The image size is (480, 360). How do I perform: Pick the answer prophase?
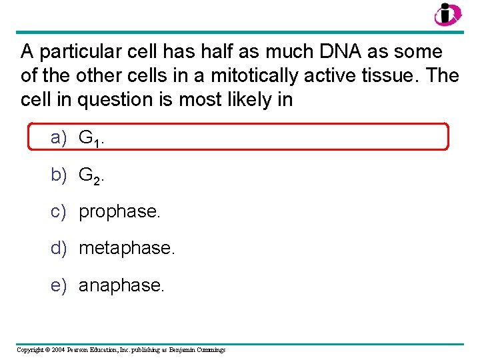pyautogui.click(x=120, y=212)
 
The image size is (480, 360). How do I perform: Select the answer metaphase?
pyautogui.click(x=127, y=249)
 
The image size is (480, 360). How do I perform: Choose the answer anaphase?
pyautogui.click(x=121, y=285)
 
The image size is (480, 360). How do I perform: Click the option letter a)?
pyautogui.click(x=59, y=138)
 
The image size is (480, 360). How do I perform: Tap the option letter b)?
pyautogui.click(x=59, y=175)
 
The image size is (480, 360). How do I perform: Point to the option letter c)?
pyautogui.click(x=59, y=211)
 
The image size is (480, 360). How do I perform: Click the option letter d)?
pyautogui.click(x=59, y=248)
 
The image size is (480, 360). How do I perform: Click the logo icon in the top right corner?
pyautogui.click(x=446, y=14)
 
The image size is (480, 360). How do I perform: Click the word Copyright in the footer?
pyautogui.click(x=31, y=349)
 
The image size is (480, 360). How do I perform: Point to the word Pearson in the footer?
pyautogui.click(x=85, y=349)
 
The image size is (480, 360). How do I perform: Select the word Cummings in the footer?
pyautogui.click(x=210, y=349)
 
